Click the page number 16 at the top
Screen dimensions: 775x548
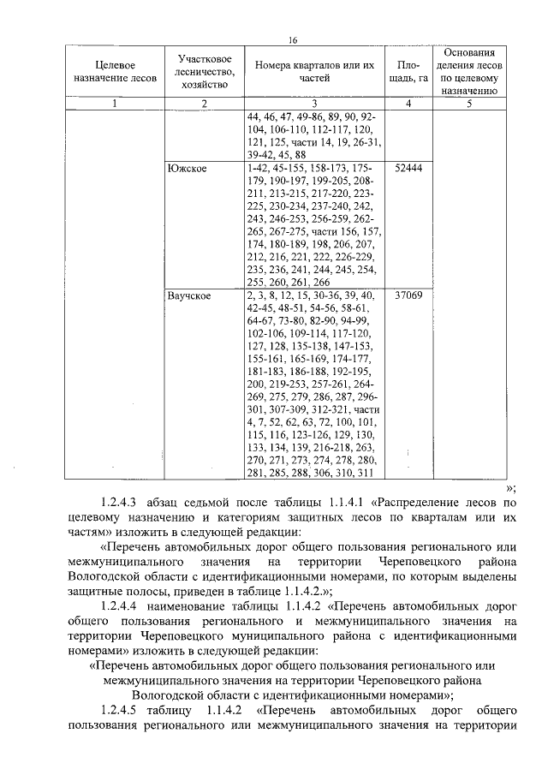(291, 40)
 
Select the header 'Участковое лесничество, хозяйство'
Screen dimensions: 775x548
(205, 72)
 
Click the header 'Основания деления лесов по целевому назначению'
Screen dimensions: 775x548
(470, 71)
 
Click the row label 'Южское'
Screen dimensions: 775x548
(188, 169)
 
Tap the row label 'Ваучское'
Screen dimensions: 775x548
(193, 295)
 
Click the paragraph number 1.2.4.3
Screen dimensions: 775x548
(123, 504)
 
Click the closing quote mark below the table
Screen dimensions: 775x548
(510, 486)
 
